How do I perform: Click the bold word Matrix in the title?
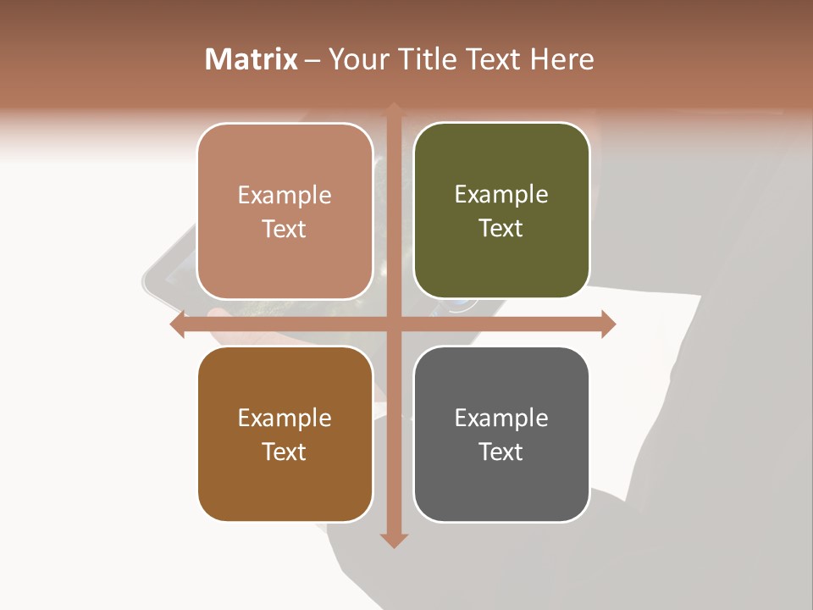click(252, 59)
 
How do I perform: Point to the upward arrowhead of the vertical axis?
click(393, 108)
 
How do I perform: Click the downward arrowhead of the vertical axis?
click(393, 541)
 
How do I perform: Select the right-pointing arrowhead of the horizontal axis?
click(608, 324)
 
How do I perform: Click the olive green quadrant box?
click(501, 211)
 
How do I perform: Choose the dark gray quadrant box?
click(501, 434)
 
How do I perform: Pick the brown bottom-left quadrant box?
click(285, 434)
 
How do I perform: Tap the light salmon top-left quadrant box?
click(285, 211)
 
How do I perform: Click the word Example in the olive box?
click(501, 195)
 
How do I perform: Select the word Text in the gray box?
click(501, 452)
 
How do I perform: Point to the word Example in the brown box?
click(285, 418)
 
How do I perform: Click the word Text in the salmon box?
click(285, 229)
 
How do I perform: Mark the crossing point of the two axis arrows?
click(393, 324)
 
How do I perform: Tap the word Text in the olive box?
click(501, 229)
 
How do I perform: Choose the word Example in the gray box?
click(501, 418)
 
